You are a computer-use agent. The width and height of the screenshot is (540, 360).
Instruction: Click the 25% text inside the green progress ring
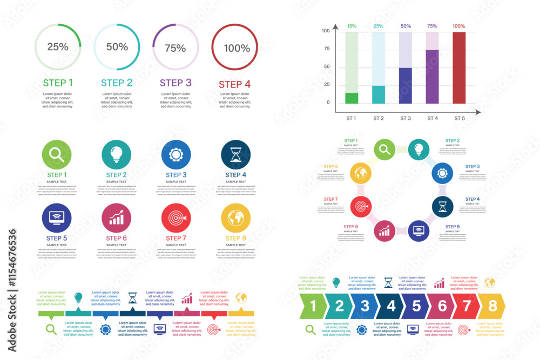click(x=58, y=47)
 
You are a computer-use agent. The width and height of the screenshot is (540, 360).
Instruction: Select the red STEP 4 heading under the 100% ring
click(x=234, y=84)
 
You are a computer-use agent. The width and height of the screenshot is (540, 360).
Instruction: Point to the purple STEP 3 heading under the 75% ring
click(x=175, y=83)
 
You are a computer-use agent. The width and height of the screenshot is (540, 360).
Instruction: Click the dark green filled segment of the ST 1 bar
click(x=352, y=98)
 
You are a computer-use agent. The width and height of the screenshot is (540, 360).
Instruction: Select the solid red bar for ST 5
click(x=459, y=67)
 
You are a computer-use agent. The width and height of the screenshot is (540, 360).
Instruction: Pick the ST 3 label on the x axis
click(x=406, y=118)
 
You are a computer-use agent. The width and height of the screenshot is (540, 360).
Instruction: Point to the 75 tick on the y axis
click(x=326, y=49)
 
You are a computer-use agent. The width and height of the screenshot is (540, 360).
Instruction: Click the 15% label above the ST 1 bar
click(x=352, y=26)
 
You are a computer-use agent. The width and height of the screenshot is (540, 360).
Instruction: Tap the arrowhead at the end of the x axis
click(x=478, y=112)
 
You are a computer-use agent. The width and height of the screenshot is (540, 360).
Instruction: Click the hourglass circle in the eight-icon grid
click(x=235, y=155)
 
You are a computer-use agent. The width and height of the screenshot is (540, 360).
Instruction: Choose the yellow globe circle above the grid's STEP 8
click(x=235, y=218)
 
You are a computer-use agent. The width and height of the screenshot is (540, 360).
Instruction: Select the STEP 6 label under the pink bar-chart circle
click(x=117, y=238)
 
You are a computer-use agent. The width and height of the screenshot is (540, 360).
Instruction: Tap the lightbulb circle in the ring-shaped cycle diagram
click(x=418, y=149)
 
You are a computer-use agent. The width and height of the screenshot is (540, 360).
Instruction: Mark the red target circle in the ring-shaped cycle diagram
click(x=360, y=206)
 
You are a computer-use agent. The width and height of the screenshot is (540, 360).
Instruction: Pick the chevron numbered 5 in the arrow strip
click(x=416, y=306)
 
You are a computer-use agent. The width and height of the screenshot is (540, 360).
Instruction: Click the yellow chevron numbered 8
click(x=492, y=306)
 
